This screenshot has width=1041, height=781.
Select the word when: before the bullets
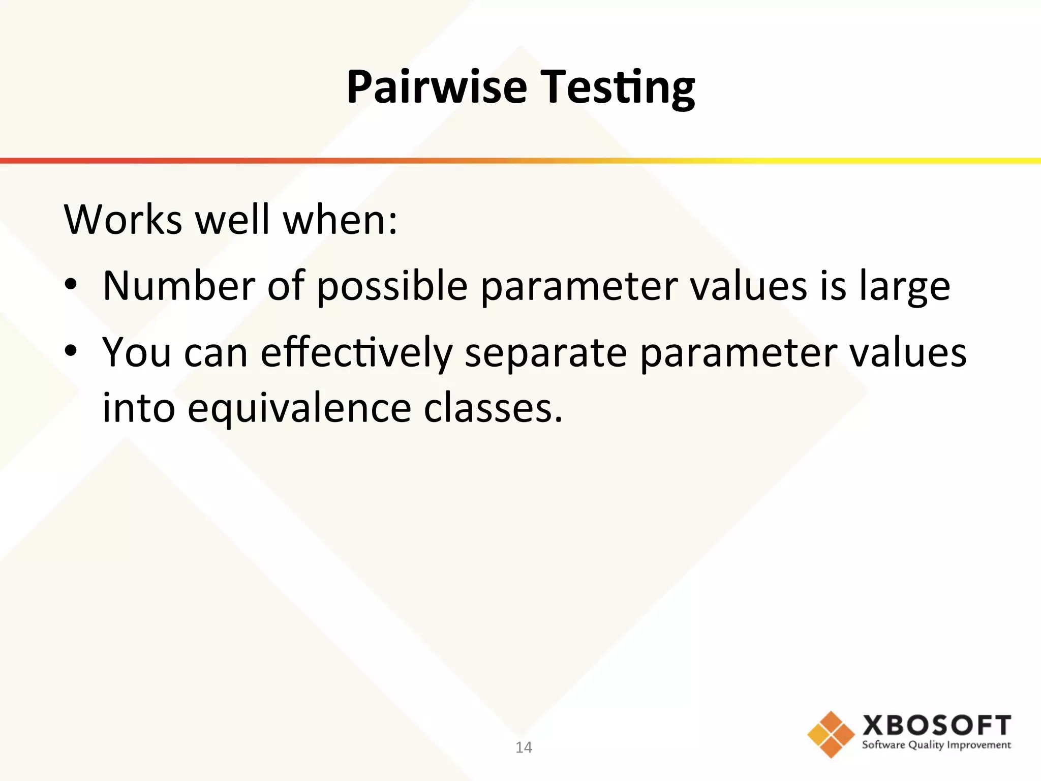coord(340,220)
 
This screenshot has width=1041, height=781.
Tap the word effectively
coord(356,353)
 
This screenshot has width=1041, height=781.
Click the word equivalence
coord(299,409)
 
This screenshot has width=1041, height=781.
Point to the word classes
coord(493,408)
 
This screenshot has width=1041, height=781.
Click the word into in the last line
coord(139,408)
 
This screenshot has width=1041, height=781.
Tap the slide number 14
coord(524,747)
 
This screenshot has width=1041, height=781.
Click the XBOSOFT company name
coord(936,725)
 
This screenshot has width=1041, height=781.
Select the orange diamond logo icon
coord(831,734)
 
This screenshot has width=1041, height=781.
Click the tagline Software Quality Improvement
coord(936,745)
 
